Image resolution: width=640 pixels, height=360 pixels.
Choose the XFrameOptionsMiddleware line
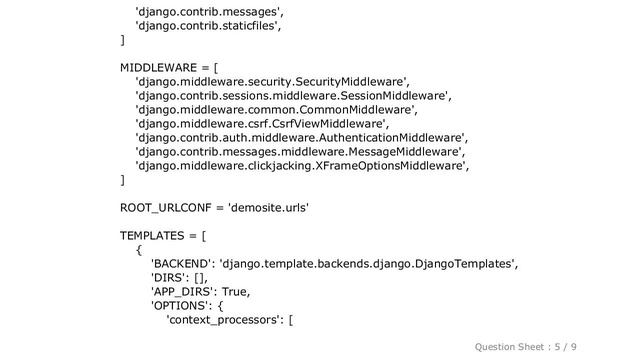pyautogui.click(x=301, y=166)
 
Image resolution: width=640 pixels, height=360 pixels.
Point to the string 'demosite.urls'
pyautogui.click(x=268, y=208)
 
